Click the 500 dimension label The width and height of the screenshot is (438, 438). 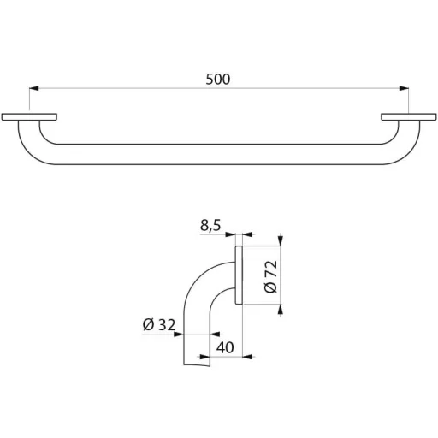pos(218,80)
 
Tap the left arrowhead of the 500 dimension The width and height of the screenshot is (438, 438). pos(33,88)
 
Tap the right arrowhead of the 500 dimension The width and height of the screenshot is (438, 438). pos(404,88)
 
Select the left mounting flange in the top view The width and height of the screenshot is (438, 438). pos(29,117)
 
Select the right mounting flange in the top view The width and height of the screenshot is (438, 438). pos(409,117)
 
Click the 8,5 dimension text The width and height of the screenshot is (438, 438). pos(210,226)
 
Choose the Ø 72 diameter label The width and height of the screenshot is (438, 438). pos(270,276)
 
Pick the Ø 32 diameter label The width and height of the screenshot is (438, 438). pos(159,325)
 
